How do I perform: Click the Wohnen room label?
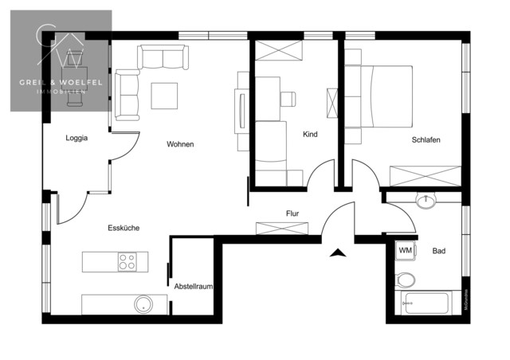coord(180,144)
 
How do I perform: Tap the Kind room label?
coord(310,135)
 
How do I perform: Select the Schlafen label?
coord(426,139)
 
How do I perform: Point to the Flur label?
coord(292,213)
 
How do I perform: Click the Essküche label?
coord(124,228)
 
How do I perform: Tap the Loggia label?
coord(76,138)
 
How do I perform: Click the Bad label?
coord(438,252)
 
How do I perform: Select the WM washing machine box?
coord(405,251)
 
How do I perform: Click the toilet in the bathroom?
coord(405,279)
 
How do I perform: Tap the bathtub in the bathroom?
coord(429,303)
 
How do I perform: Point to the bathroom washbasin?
coord(426,201)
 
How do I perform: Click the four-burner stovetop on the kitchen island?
coord(128,261)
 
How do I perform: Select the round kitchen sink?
coord(143,303)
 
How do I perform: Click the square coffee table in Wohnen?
coord(166,96)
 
